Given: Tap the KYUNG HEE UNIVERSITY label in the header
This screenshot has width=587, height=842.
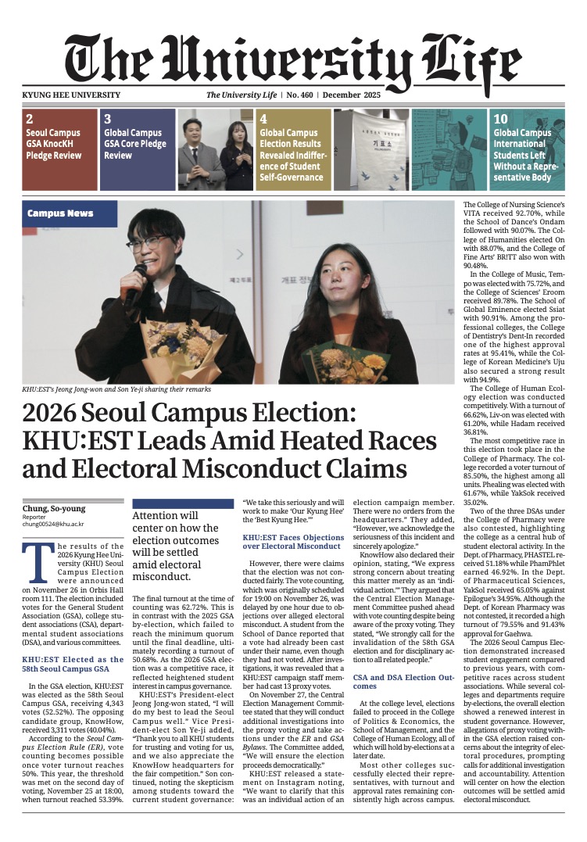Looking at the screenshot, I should pyautogui.click(x=72, y=95).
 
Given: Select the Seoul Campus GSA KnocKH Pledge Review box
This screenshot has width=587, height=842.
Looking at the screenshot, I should pyautogui.click(x=58, y=149).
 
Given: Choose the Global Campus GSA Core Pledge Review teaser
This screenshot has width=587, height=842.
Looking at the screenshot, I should pyautogui.click(x=137, y=149).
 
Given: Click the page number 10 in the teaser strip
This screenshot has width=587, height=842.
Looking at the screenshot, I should pyautogui.click(x=501, y=120).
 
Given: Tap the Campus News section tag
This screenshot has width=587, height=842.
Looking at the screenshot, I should pyautogui.click(x=60, y=213).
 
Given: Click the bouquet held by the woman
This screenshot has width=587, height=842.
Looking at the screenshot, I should pyautogui.click(x=352, y=362).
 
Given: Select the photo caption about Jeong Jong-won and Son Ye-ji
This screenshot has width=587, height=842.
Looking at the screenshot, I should pyautogui.click(x=116, y=389).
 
